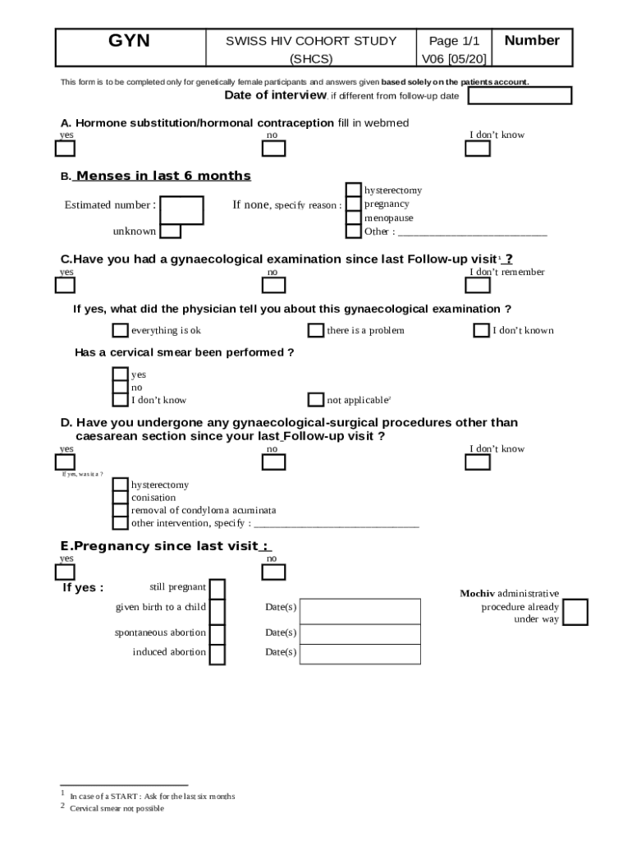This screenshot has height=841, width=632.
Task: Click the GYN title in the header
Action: pos(130,41)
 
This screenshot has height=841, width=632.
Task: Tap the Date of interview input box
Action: pos(519,96)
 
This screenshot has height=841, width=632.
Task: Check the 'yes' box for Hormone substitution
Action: pos(65,149)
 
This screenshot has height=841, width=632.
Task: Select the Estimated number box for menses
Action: pos(181,209)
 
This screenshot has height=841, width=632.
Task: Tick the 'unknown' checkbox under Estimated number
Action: pos(171,231)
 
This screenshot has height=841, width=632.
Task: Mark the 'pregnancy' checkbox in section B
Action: pos(353,205)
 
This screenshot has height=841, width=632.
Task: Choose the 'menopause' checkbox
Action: pos(353,218)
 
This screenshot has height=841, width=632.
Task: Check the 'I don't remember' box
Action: pos(477,286)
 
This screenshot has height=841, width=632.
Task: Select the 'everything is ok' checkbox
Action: pos(120,330)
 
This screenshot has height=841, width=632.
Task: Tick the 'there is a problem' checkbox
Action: pos(315,330)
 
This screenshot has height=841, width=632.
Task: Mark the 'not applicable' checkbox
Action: pos(315,400)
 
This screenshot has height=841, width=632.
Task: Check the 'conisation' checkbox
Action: pos(120,498)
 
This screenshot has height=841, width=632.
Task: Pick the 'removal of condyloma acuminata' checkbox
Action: pos(120,510)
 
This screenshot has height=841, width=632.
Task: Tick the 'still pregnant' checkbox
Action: pos(218,589)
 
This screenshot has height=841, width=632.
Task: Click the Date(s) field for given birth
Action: pos(361,611)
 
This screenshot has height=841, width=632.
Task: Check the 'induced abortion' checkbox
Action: pos(218,654)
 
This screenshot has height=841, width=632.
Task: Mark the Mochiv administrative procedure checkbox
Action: pos(575,612)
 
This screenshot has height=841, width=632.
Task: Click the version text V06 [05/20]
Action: pos(454,59)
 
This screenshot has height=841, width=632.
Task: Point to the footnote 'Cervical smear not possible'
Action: pos(117,808)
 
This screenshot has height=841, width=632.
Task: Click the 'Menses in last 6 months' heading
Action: pos(163,176)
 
